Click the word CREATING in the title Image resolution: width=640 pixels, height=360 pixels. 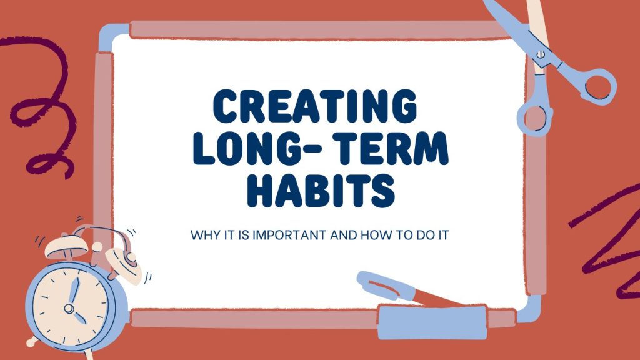point(315,106)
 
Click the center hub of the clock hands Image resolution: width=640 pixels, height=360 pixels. point(69,308)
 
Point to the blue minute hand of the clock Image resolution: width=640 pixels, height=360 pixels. point(74,291)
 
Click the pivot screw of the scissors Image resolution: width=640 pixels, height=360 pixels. point(541,54)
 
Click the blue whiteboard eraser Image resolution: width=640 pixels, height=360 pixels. point(432,322)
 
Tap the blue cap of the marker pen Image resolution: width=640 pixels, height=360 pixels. point(384,286)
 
